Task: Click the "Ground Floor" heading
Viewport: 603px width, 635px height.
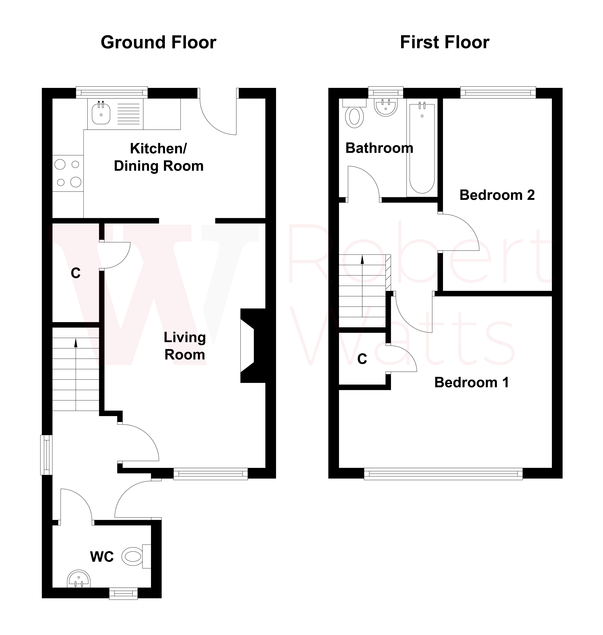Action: point(158,43)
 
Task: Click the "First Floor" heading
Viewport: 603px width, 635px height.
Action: point(445,43)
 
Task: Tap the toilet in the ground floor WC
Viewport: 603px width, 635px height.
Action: point(132,556)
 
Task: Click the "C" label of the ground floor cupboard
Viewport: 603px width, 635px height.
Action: point(76,273)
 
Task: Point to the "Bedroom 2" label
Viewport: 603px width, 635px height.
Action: point(497,195)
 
